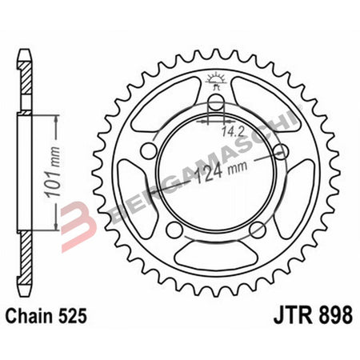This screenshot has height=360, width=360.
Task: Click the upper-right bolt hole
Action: (280, 152)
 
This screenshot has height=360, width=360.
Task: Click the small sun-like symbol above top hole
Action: (214, 78)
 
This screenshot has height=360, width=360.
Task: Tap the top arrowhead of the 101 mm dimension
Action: (57, 119)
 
